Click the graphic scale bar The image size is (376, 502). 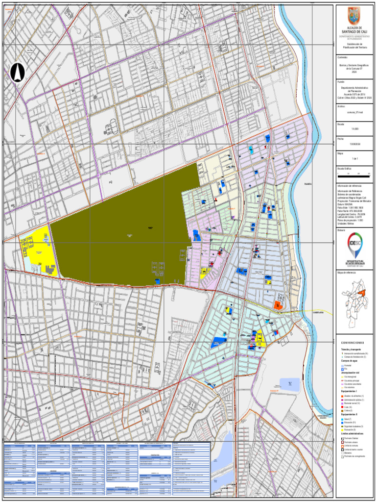(353, 174)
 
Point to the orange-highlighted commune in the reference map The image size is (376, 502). (362, 293)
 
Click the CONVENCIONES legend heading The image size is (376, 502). (353, 343)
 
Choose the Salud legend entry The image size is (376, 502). (349, 419)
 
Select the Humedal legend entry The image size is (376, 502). (348, 366)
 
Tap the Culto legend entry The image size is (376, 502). (348, 406)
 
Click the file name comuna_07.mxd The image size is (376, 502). (353, 112)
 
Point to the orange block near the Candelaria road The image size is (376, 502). (278, 305)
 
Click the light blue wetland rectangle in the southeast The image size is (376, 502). (290, 384)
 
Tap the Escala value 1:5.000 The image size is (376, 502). (353, 128)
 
